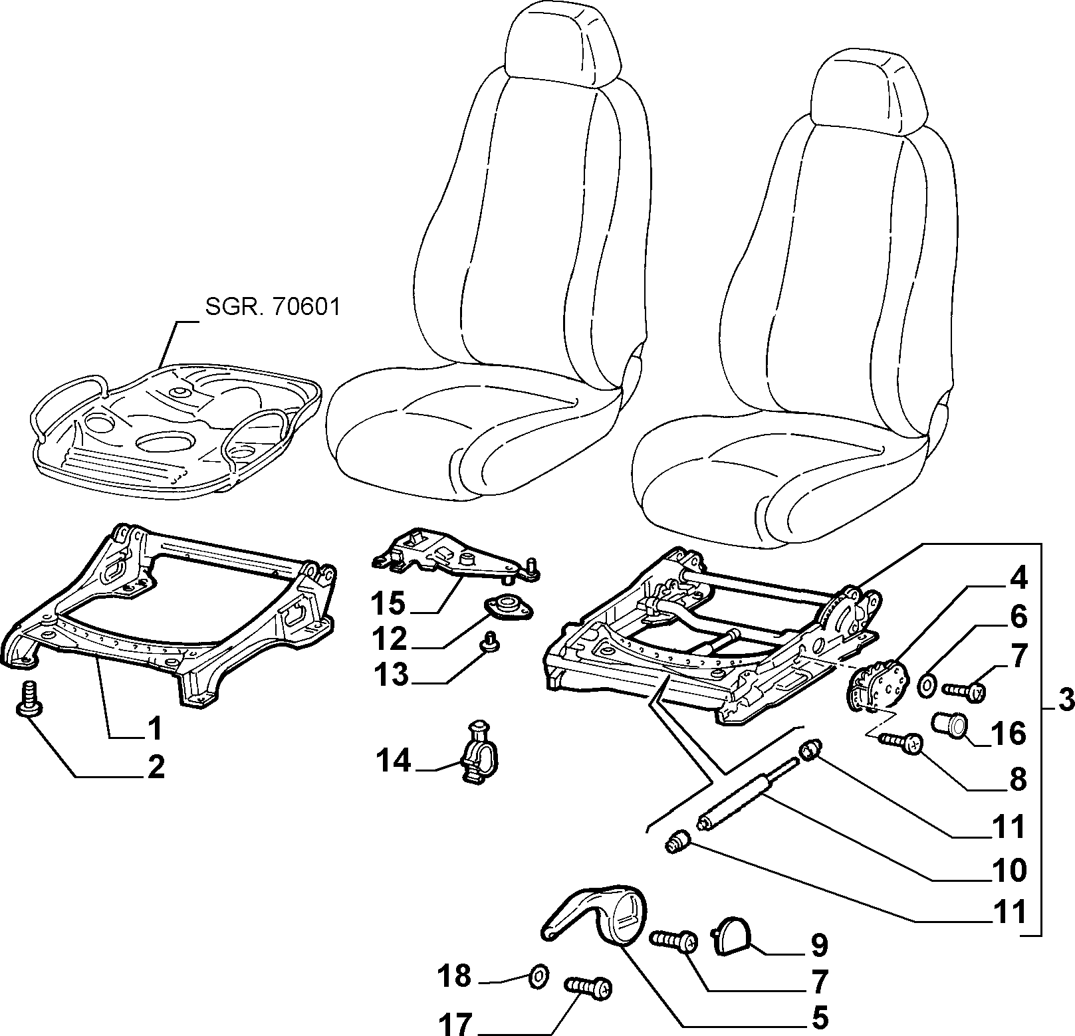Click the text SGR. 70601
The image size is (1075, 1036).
tap(272, 308)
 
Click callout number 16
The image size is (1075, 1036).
tap(1009, 734)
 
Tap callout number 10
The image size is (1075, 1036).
tap(1009, 870)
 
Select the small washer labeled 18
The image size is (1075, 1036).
tap(538, 958)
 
